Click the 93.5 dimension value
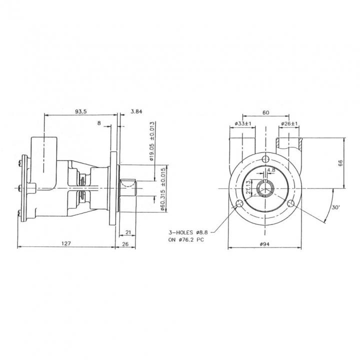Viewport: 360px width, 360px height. click(x=81, y=111)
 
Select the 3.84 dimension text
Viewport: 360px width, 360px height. click(x=136, y=111)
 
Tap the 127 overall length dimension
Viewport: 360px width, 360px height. click(x=66, y=243)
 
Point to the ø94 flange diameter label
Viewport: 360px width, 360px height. click(x=264, y=244)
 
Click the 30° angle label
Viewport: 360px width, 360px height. click(x=335, y=207)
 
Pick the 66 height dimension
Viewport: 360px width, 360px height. click(x=340, y=163)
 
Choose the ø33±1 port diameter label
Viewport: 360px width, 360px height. click(x=243, y=123)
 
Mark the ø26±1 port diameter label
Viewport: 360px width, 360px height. click(x=289, y=123)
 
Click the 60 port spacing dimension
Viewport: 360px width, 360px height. click(x=265, y=112)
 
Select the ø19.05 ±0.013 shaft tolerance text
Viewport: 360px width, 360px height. click(x=151, y=141)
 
